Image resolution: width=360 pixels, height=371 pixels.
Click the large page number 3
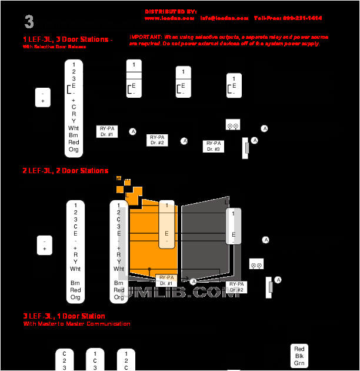coord(29,22)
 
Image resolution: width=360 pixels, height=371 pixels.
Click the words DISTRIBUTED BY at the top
coord(171,11)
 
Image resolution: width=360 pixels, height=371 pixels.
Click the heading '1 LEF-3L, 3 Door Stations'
coord(67,39)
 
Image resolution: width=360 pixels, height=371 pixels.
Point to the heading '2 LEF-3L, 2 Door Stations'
coord(65,171)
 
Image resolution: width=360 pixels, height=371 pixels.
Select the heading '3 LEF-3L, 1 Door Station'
coord(64,316)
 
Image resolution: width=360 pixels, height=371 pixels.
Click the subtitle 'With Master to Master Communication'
coord(76,324)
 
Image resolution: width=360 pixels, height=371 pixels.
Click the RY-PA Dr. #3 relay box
coord(214,146)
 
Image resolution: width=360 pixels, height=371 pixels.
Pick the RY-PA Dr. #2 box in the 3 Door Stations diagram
coord(157,140)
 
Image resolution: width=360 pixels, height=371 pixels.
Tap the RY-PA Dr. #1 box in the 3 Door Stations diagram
coord(107,131)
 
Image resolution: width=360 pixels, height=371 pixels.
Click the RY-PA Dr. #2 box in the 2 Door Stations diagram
coord(236,287)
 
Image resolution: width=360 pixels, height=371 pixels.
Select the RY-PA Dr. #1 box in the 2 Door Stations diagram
coord(166,280)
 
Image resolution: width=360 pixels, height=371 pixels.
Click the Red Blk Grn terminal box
coord(299,356)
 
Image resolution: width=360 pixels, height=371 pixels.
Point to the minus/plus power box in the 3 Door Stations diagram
coord(42,97)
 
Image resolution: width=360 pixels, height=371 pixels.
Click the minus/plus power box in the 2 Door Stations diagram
coord(44,245)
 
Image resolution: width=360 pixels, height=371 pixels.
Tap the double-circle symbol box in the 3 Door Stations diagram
coord(233,125)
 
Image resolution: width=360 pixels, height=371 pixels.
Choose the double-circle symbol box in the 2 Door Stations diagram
coord(256,264)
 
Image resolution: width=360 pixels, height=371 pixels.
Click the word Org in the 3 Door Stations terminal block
coord(74,150)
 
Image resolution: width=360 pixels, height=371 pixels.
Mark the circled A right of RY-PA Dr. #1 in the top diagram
coord(132,131)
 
